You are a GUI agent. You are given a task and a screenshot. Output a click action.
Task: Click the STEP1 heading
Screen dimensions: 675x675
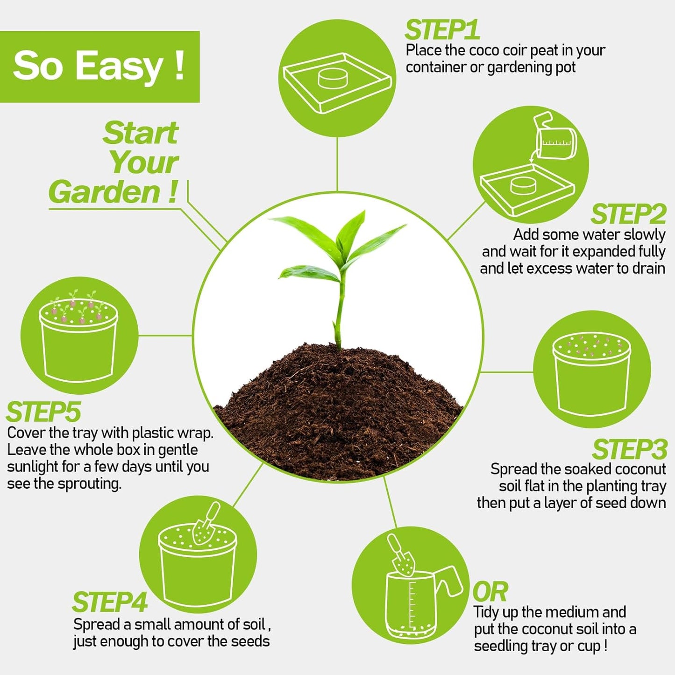pyautogui.click(x=441, y=30)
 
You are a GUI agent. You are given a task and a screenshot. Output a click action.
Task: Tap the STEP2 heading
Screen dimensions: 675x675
pyautogui.click(x=628, y=215)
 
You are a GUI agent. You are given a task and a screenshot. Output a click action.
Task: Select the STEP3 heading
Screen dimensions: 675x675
pyautogui.click(x=629, y=450)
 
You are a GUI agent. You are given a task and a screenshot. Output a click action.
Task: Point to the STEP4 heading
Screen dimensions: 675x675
pyautogui.click(x=110, y=602)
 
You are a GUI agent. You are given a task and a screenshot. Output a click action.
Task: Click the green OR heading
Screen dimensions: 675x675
pyautogui.click(x=490, y=592)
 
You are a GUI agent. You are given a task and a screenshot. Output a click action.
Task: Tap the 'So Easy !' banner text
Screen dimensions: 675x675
pyautogui.click(x=99, y=66)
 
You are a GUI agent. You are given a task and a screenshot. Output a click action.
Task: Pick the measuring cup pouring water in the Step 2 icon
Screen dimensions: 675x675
pyautogui.click(x=556, y=138)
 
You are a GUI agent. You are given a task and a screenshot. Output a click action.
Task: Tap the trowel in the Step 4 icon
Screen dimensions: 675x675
pyautogui.click(x=206, y=524)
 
